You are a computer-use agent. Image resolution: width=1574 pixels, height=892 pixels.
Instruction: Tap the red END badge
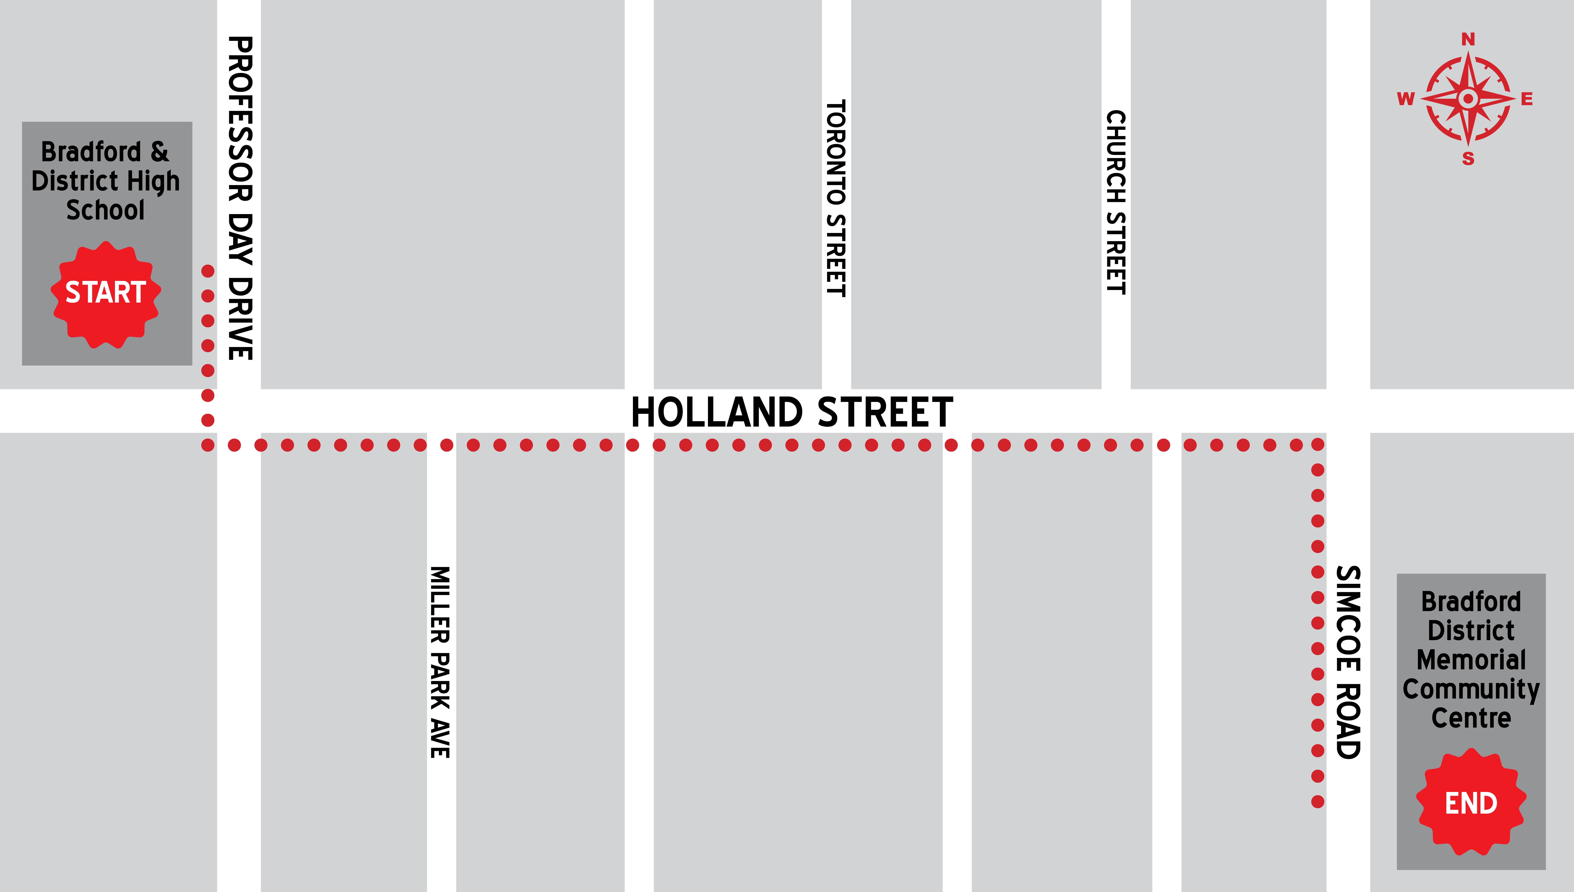tap(1471, 803)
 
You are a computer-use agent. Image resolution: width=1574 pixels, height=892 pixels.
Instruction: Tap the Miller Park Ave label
tap(440, 662)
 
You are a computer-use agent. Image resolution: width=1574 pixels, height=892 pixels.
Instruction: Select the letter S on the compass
tap(1468, 159)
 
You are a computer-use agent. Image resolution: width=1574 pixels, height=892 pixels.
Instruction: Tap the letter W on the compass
tap(1406, 99)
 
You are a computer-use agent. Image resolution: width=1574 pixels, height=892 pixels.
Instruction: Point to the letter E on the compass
tap(1527, 99)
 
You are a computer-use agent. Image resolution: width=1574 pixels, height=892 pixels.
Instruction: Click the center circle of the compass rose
tap(1468, 98)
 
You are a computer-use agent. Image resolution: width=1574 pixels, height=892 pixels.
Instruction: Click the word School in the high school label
tap(105, 210)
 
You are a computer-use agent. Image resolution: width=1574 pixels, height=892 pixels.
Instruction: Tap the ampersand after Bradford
tap(159, 151)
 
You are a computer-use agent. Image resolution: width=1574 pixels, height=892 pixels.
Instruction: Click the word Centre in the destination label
tap(1471, 718)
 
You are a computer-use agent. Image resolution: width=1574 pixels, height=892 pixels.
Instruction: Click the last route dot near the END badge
tap(1317, 801)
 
